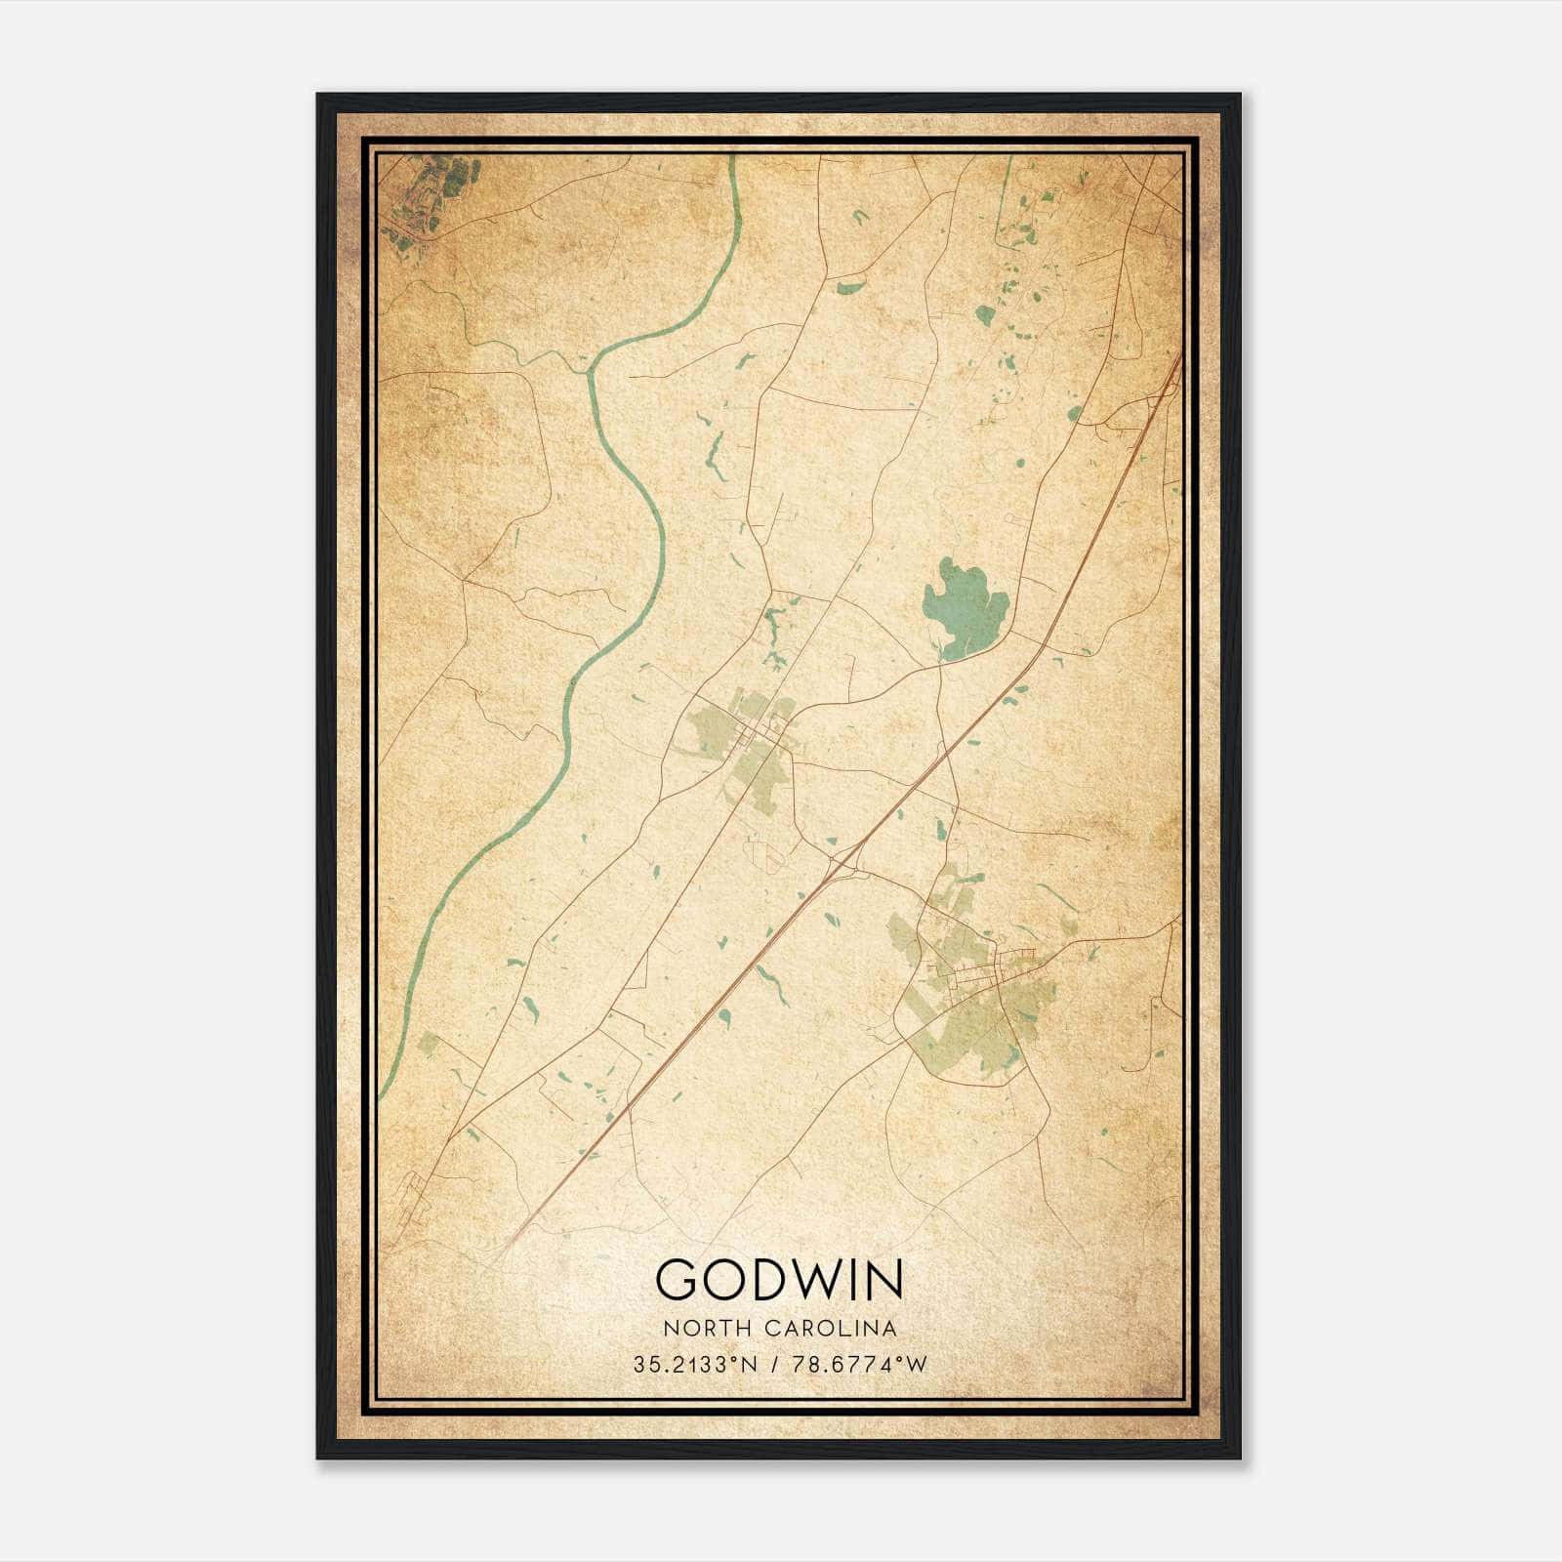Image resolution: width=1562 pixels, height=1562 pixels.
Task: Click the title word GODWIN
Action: tap(779, 1279)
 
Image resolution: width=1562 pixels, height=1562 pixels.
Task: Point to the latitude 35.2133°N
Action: tap(695, 1365)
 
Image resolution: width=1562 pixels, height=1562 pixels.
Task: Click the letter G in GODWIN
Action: tap(678, 1279)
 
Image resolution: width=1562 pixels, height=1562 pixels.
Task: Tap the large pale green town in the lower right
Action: tap(976, 1015)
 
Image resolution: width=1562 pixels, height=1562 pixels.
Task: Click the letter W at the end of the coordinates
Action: tap(916, 1365)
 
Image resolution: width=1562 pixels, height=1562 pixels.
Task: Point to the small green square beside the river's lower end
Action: tap(428, 1044)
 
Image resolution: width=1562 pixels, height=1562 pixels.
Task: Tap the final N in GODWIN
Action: tap(884, 1279)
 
